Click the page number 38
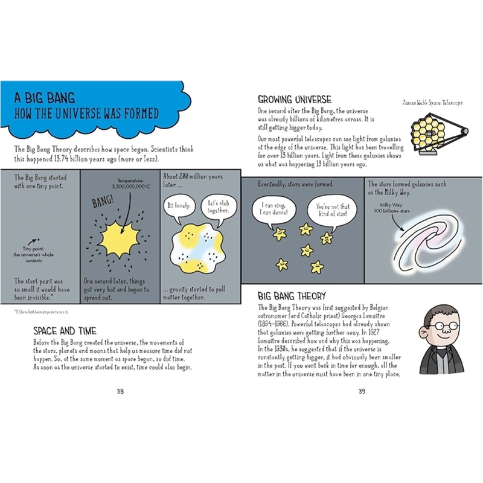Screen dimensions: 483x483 tap(120, 391)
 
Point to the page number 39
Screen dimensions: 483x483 tap(362, 391)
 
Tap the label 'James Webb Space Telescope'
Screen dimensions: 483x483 tap(432, 103)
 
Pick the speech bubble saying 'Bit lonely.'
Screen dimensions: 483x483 tap(178, 205)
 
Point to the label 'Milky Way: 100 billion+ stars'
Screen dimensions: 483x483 tap(394, 209)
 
